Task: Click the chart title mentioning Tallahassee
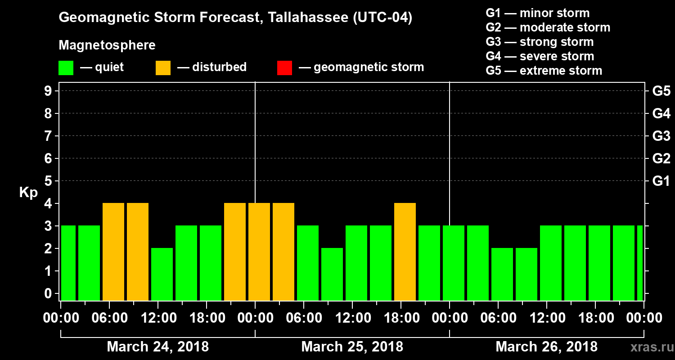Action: [x=235, y=18]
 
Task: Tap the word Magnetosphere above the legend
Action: [x=107, y=45]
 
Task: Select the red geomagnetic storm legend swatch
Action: [x=284, y=67]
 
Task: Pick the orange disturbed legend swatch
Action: [x=163, y=67]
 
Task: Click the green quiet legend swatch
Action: [x=66, y=67]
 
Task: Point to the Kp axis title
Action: [x=28, y=193]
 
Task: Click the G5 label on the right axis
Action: [x=661, y=91]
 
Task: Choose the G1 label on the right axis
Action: [x=661, y=181]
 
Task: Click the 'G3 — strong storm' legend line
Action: [x=540, y=42]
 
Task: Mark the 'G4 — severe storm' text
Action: [x=540, y=56]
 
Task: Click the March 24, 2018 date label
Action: [x=157, y=347]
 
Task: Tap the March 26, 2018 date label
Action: [x=546, y=347]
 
